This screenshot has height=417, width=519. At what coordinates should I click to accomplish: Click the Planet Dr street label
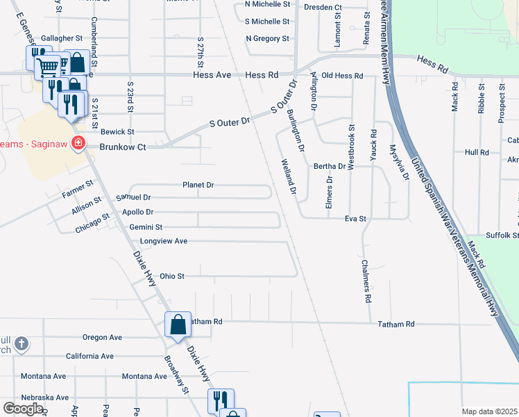coord(198,186)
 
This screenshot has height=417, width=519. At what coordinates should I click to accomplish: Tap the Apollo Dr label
coord(137,212)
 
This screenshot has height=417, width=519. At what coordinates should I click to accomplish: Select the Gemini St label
coord(146,227)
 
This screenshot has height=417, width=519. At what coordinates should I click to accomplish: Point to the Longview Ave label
coord(164,241)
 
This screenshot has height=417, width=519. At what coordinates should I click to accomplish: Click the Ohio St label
coord(172,276)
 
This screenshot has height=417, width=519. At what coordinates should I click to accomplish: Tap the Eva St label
coord(355,218)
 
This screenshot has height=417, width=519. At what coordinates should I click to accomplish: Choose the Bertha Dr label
coord(330,166)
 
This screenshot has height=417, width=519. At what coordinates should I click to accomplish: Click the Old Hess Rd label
coord(343,75)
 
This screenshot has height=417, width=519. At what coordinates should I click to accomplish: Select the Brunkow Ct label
coord(123,147)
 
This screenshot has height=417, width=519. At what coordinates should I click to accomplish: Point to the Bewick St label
coord(117,131)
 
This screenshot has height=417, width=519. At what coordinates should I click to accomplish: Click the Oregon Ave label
coord(102,337)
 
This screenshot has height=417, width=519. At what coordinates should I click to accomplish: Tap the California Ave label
coord(90,356)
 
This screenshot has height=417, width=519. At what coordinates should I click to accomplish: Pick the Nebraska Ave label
coord(44,397)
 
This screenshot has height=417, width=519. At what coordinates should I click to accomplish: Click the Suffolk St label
coord(502,236)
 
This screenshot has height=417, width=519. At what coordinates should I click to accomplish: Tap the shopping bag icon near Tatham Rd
coord(178,325)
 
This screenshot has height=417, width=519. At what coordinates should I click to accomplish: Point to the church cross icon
coord(22,343)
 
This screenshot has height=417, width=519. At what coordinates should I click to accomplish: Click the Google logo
coord(23,409)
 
